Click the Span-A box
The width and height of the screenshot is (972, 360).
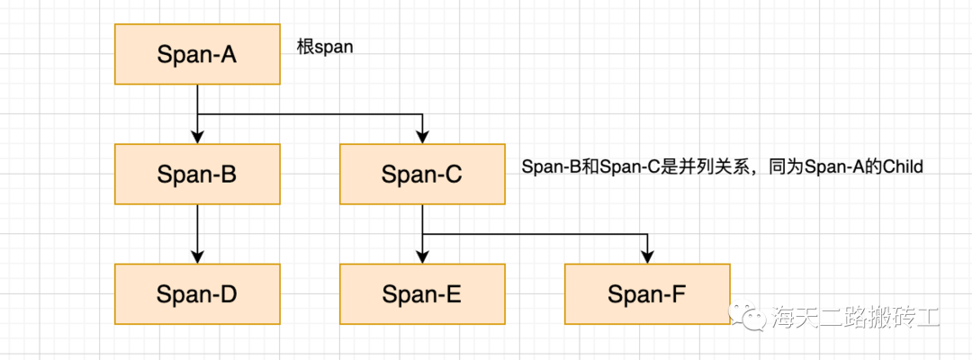196,54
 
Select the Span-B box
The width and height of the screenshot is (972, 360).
196,174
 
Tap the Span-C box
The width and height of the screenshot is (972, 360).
421,174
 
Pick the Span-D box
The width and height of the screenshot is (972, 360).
196,293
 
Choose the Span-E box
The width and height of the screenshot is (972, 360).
421,293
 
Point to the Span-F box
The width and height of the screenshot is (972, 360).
646,293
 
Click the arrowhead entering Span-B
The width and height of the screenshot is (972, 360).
196,138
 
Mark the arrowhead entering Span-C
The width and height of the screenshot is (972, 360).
421,138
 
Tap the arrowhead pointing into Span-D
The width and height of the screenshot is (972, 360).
196,257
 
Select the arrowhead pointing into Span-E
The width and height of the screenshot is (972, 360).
421,257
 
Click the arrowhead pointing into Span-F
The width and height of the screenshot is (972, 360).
646,257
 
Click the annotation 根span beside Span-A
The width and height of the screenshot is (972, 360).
325,48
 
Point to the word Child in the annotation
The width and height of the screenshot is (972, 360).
904,167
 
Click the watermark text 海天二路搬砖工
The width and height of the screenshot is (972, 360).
855,316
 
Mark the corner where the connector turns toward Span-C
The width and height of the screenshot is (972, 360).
421,114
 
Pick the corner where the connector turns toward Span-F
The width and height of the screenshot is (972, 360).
646,234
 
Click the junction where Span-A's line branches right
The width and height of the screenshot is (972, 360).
196,114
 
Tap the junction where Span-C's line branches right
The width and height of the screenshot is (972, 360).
421,234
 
